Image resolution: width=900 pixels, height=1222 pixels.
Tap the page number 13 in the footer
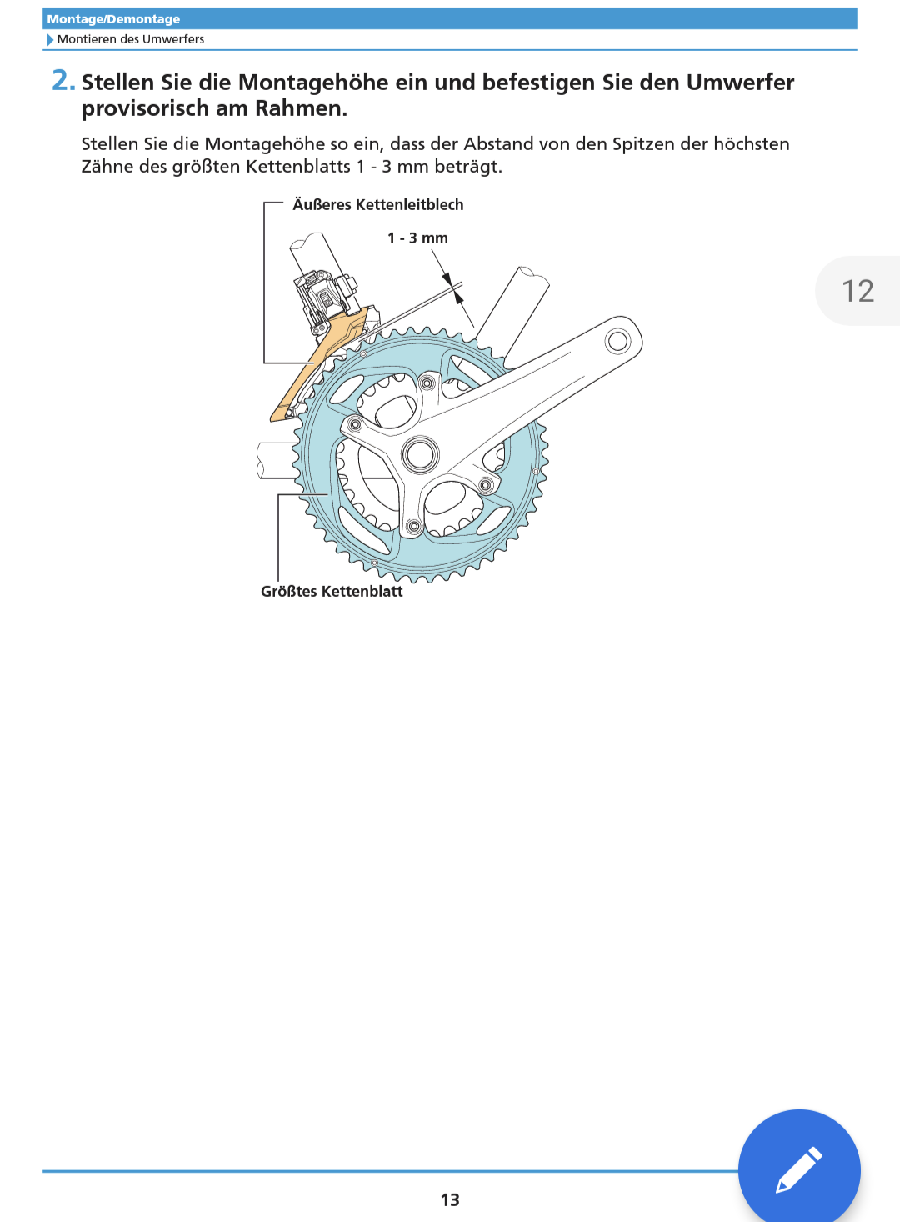click(450, 1200)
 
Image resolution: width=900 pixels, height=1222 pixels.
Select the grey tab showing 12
click(858, 291)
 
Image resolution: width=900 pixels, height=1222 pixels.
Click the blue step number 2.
click(63, 81)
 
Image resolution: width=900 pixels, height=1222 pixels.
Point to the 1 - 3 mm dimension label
click(417, 238)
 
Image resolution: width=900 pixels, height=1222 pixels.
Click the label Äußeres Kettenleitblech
click(378, 204)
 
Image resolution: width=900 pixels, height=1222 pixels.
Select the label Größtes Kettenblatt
click(332, 591)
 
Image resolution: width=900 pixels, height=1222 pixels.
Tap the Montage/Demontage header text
click(113, 19)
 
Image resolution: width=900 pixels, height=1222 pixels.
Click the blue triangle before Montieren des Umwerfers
click(50, 40)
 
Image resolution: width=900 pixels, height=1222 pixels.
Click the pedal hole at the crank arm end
click(617, 342)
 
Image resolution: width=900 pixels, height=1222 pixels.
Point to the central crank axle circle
click(420, 454)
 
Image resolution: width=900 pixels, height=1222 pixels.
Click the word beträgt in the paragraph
click(468, 167)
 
